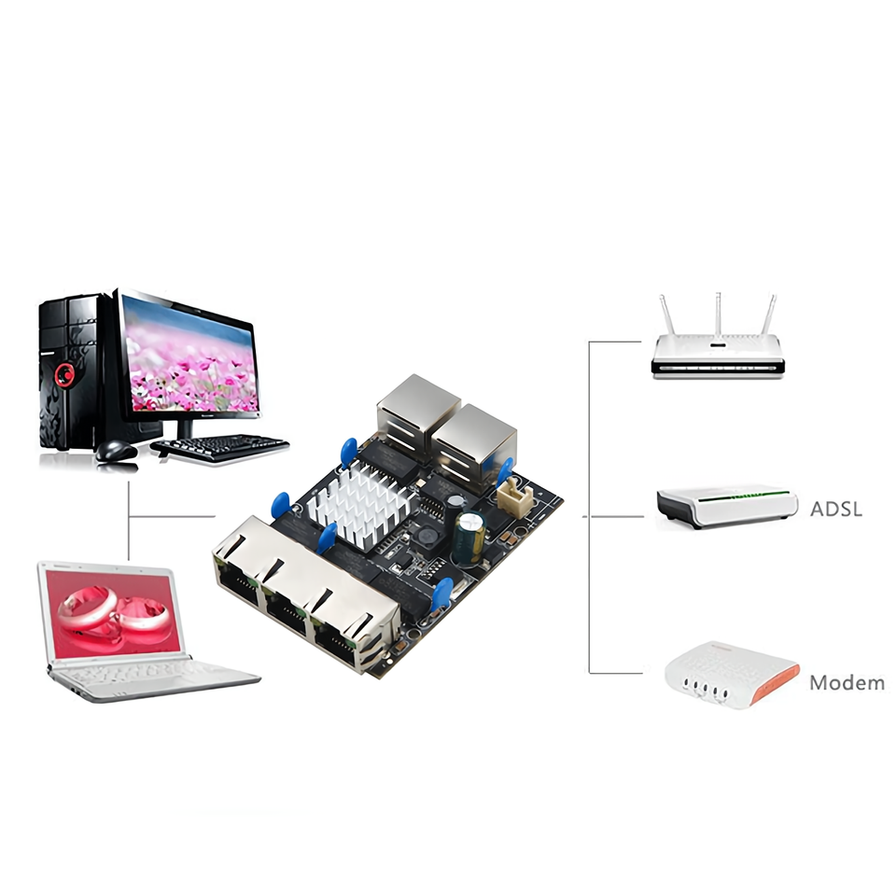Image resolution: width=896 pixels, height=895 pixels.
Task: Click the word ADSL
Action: point(836,510)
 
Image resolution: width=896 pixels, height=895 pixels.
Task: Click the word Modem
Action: point(847,682)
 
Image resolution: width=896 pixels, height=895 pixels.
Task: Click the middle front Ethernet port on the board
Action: point(288,608)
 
